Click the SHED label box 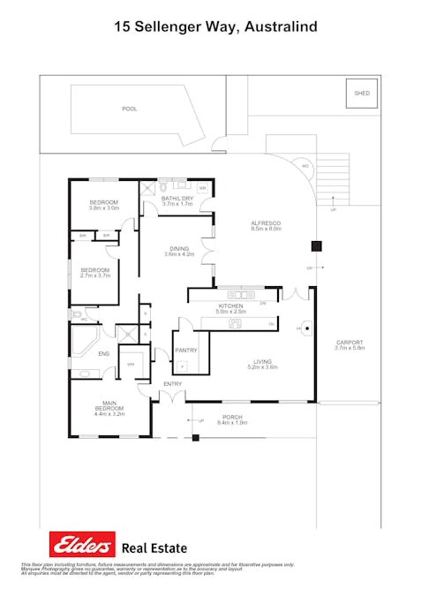[362, 93]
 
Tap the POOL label [130, 109]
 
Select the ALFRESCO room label [266, 223]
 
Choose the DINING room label [179, 248]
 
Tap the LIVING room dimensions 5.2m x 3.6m [262, 366]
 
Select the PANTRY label [185, 351]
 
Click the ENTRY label [172, 384]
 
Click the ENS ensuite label [103, 353]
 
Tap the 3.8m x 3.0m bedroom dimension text [103, 208]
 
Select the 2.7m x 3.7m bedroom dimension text [94, 275]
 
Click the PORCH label [232, 417]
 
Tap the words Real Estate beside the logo [154, 547]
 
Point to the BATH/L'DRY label [177, 199]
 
